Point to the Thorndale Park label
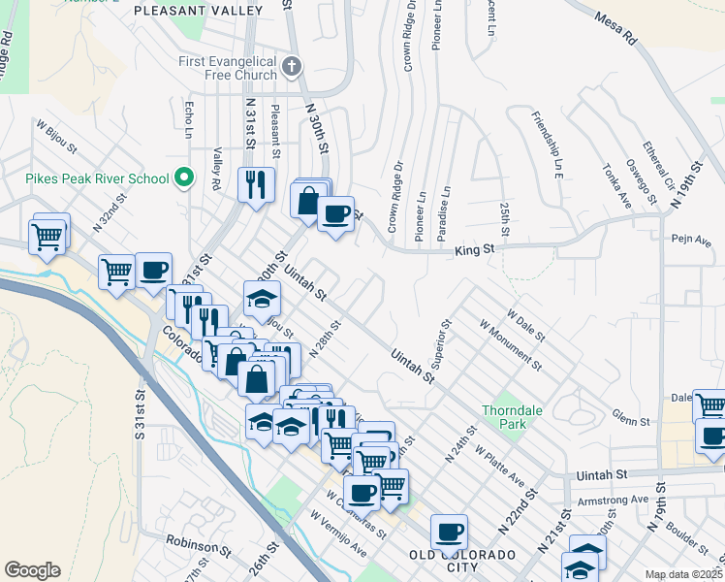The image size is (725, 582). tap(513, 417)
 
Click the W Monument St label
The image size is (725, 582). tap(509, 344)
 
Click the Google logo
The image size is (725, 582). tap(32, 570)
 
